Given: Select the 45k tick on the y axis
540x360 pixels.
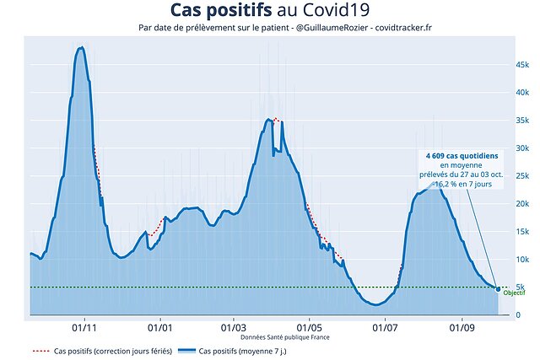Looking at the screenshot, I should pyautogui.click(x=522, y=65).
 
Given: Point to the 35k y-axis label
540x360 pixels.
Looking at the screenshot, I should pyautogui.click(x=522, y=121).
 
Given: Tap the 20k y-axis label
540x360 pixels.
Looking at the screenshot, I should pyautogui.click(x=522, y=204).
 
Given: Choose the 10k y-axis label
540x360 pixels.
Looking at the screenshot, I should pyautogui.click(x=522, y=260).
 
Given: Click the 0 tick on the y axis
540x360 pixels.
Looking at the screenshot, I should pyautogui.click(x=519, y=315).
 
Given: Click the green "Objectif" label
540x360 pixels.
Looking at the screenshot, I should pyautogui.click(x=514, y=293).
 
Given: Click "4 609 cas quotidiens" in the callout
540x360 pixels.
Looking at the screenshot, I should pyautogui.click(x=462, y=156).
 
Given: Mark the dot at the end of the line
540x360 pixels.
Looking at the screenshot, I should pyautogui.click(x=498, y=289).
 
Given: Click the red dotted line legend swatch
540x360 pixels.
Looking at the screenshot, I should pyautogui.click(x=40, y=350).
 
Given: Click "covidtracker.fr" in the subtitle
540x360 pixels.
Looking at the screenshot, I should pyautogui.click(x=398, y=28).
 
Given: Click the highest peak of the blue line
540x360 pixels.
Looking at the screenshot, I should pyautogui.click(x=80, y=48).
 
